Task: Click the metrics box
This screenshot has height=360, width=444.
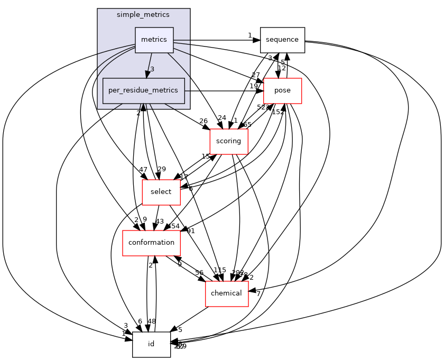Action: pyautogui.click(x=154, y=40)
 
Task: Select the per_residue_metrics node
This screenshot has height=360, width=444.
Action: pyautogui.click(x=143, y=90)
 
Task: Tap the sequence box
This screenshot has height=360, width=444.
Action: pyautogui.click(x=282, y=40)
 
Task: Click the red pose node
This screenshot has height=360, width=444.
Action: pyautogui.click(x=282, y=90)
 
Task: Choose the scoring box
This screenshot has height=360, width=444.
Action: pyautogui.click(x=229, y=141)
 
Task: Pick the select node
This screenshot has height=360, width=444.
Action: pyautogui.click(x=161, y=192)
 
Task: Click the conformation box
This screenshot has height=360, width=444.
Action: pyautogui.click(x=151, y=243)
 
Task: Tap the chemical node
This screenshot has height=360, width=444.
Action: pyautogui.click(x=226, y=293)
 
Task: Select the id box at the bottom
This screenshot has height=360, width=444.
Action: pyautogui.click(x=151, y=344)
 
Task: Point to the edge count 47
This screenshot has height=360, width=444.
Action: pyautogui.click(x=143, y=170)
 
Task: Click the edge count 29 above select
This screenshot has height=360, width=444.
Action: pyautogui.click(x=161, y=169)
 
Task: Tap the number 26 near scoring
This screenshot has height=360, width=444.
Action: pyautogui.click(x=203, y=121)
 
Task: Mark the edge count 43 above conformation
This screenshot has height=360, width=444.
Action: pyautogui.click(x=159, y=221)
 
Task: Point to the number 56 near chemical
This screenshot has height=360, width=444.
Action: pyautogui.click(x=199, y=272)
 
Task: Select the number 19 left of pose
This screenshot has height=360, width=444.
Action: pyautogui.click(x=254, y=86)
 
